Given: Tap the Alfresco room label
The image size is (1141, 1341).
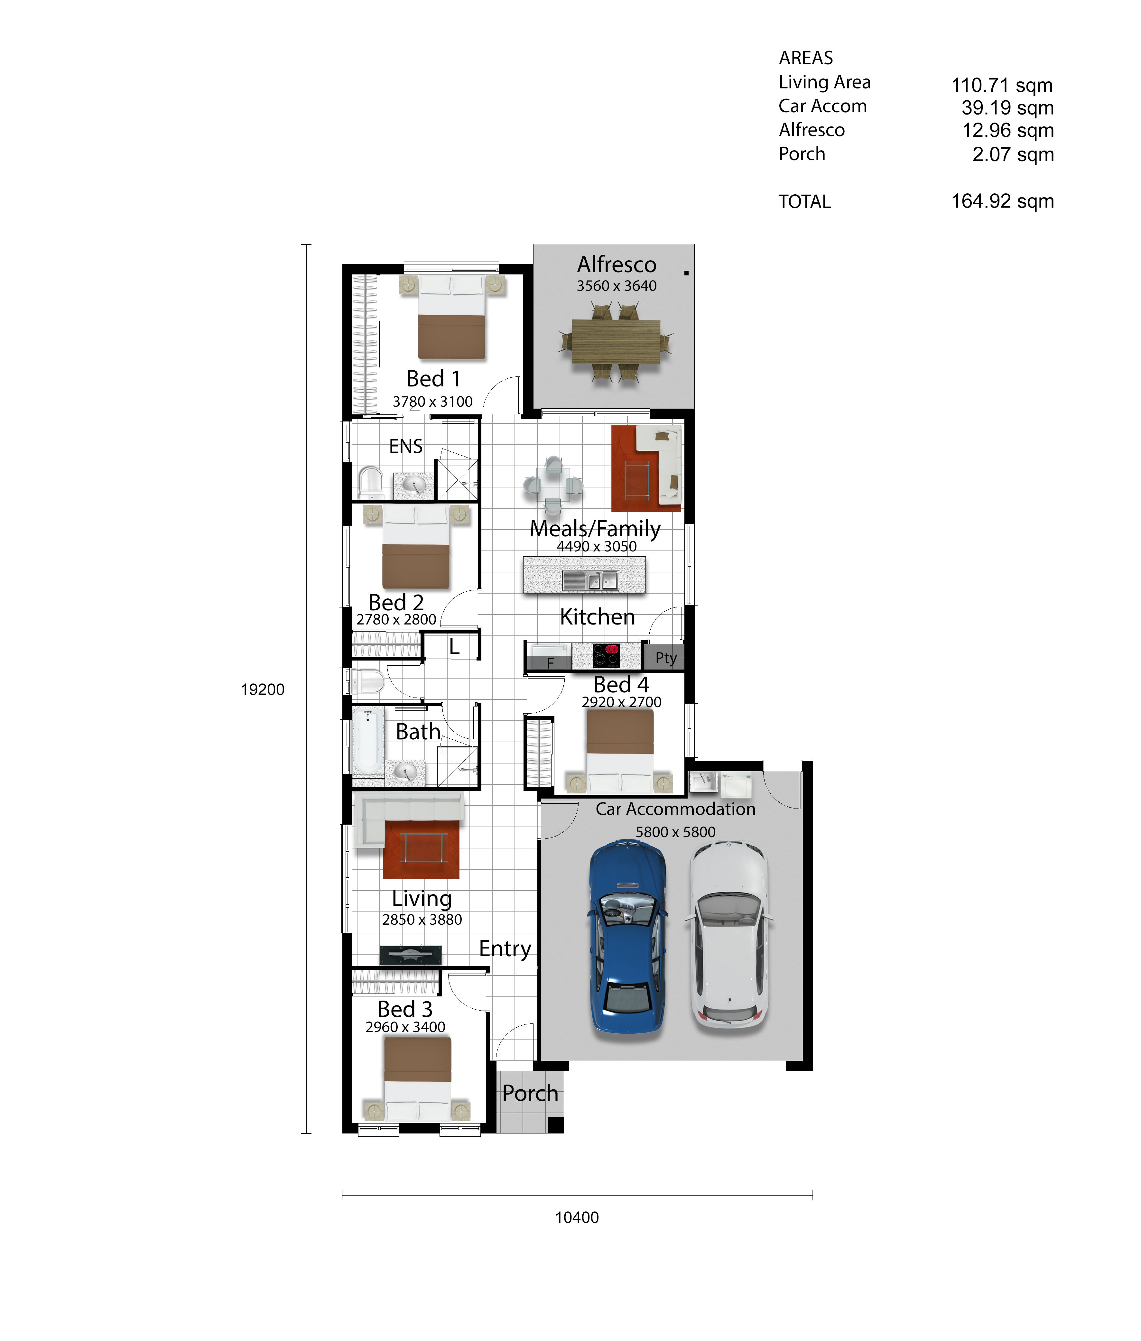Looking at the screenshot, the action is [617, 264].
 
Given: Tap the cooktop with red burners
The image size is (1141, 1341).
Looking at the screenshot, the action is [606, 655].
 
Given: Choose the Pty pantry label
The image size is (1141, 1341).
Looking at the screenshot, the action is [665, 658].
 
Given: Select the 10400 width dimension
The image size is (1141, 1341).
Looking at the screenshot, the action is [577, 1217].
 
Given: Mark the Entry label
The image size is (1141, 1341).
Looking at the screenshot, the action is [505, 948].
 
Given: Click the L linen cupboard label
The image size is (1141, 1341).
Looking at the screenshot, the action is [455, 646].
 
